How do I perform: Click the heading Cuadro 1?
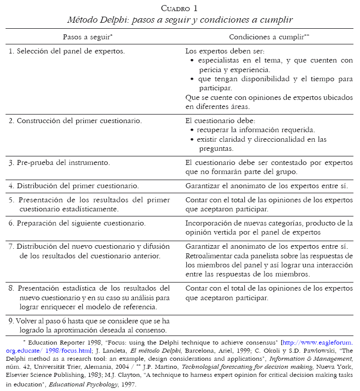pyautogui.click(x=179, y=8)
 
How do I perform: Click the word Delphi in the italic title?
pyautogui.click(x=112, y=20)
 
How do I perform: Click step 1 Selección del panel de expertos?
pyautogui.click(x=67, y=51)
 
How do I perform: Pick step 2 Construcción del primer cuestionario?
pyautogui.click(x=75, y=121)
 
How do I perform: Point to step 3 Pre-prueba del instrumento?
pyautogui.click(x=59, y=163)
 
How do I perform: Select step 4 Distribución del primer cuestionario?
pyautogui.click(x=73, y=186)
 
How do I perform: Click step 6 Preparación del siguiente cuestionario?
pyautogui.click(x=77, y=223)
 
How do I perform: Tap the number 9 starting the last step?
pyautogui.click(x=11, y=320)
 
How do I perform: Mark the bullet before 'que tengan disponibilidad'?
pyautogui.click(x=192, y=80)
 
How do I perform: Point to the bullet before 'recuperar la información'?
pyautogui.click(x=192, y=131)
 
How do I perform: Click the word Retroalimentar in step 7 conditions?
pyautogui.click(x=209, y=256)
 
